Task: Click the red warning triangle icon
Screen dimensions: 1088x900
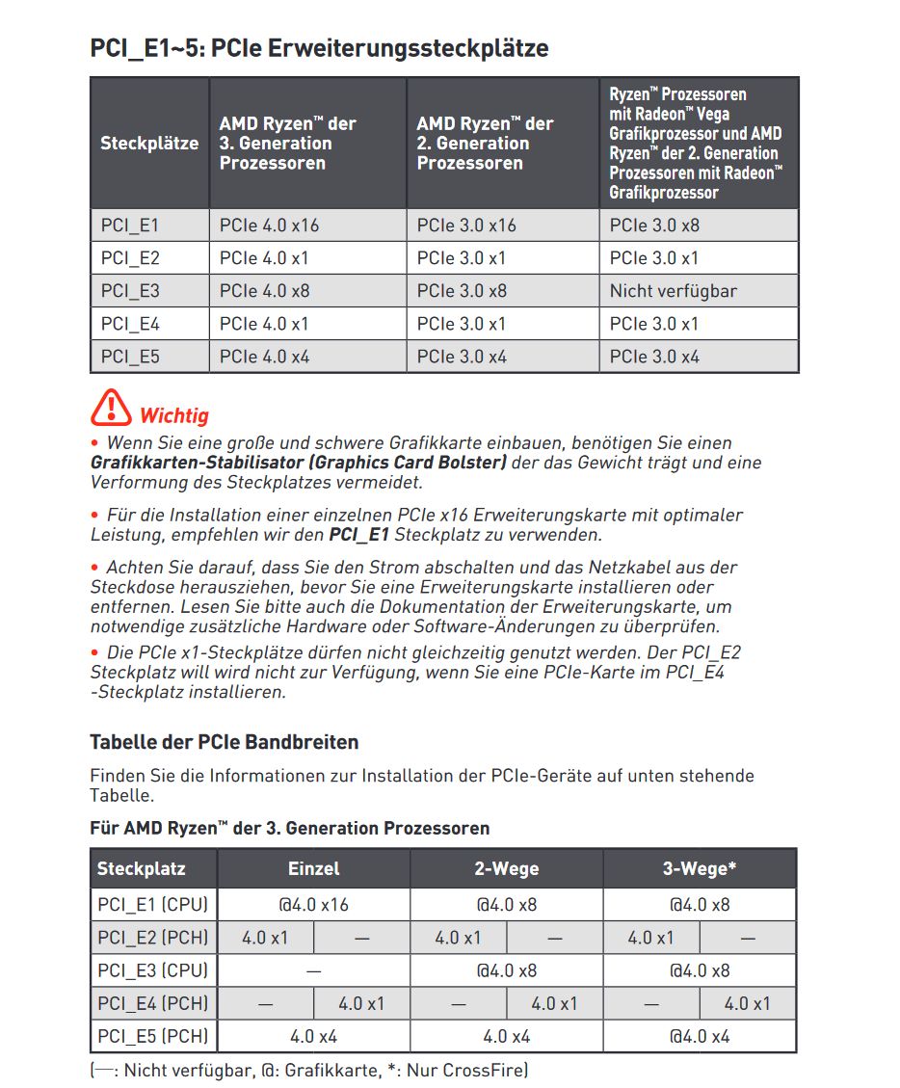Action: pyautogui.click(x=112, y=409)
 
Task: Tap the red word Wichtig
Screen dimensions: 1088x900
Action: pyautogui.click(x=174, y=416)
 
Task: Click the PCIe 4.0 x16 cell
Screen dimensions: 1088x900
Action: pyautogui.click(x=269, y=226)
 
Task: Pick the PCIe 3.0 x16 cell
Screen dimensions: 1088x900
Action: pyautogui.click(x=466, y=226)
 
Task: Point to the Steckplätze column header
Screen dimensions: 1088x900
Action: pyautogui.click(x=149, y=144)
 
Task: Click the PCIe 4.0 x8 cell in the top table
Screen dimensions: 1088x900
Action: pyautogui.click(x=264, y=291)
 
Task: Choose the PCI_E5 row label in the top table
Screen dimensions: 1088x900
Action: pyautogui.click(x=130, y=357)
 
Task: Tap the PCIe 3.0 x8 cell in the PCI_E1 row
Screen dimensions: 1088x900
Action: pyautogui.click(x=654, y=226)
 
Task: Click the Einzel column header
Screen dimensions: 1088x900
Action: pyautogui.click(x=314, y=868)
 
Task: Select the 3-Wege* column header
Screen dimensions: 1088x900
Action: pyautogui.click(x=700, y=868)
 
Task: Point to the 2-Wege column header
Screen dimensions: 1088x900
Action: pyautogui.click(x=506, y=868)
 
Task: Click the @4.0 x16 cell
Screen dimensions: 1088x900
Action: pyautogui.click(x=314, y=905)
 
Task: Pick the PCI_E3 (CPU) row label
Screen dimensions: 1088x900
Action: pyautogui.click(x=152, y=970)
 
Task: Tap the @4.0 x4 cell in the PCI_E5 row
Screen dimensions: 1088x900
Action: pyautogui.click(x=700, y=1036)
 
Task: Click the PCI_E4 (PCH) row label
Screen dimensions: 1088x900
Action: pyautogui.click(x=152, y=1003)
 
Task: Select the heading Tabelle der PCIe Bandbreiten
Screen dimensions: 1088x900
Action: pyautogui.click(x=224, y=742)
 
